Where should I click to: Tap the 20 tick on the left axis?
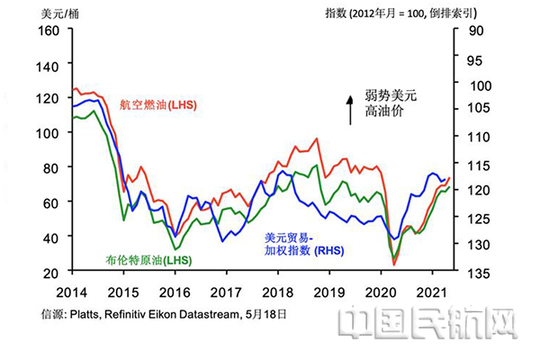click(50, 271)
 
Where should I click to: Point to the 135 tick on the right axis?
click(476, 271)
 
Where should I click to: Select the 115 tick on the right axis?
click(476, 166)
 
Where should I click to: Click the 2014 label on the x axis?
click(71, 292)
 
